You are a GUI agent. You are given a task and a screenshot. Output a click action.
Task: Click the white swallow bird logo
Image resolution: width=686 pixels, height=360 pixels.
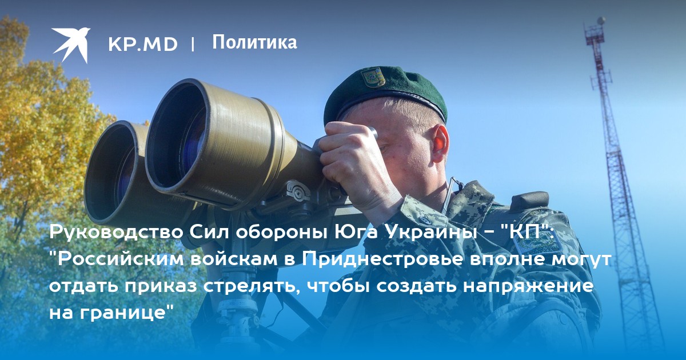[71, 44]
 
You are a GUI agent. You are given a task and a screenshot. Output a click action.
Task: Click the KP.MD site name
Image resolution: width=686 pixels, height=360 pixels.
[143, 45]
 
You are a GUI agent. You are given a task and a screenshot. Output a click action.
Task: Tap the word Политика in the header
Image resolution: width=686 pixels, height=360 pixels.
[254, 42]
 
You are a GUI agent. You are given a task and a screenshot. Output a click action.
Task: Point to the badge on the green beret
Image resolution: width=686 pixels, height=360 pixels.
[373, 77]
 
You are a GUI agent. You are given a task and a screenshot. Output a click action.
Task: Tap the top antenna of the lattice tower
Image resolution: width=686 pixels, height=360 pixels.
[601, 22]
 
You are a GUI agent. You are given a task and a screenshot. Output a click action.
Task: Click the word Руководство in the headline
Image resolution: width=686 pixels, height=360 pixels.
[117, 233]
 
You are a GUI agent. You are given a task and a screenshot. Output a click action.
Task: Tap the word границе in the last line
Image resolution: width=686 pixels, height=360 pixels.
[126, 313]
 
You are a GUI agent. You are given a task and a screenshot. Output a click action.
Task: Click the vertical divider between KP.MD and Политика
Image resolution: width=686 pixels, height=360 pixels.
[193, 45]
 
